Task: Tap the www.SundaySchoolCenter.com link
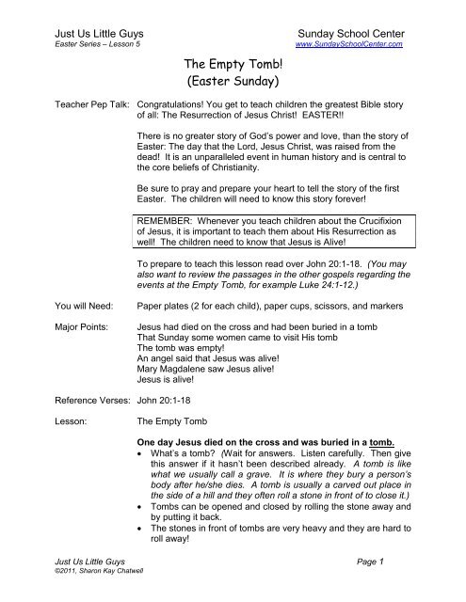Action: (x=349, y=44)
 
